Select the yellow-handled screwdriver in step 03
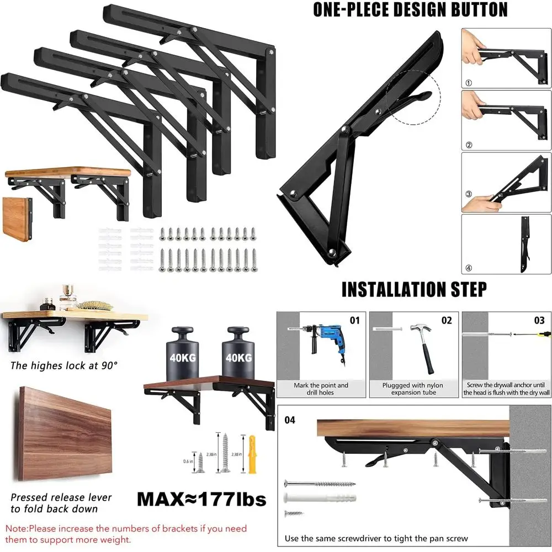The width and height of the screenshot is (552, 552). tap(543, 333)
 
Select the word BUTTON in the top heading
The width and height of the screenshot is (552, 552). tap(473, 10)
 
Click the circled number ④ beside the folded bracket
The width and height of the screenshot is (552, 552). tap(469, 268)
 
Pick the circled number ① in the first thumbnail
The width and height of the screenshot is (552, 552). tap(469, 83)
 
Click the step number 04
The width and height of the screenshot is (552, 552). tap(290, 420)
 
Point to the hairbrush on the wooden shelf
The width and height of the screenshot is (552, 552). tap(94, 305)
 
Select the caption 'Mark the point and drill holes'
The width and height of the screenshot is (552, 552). tap(321, 389)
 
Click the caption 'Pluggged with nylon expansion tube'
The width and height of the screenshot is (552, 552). tap(413, 389)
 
